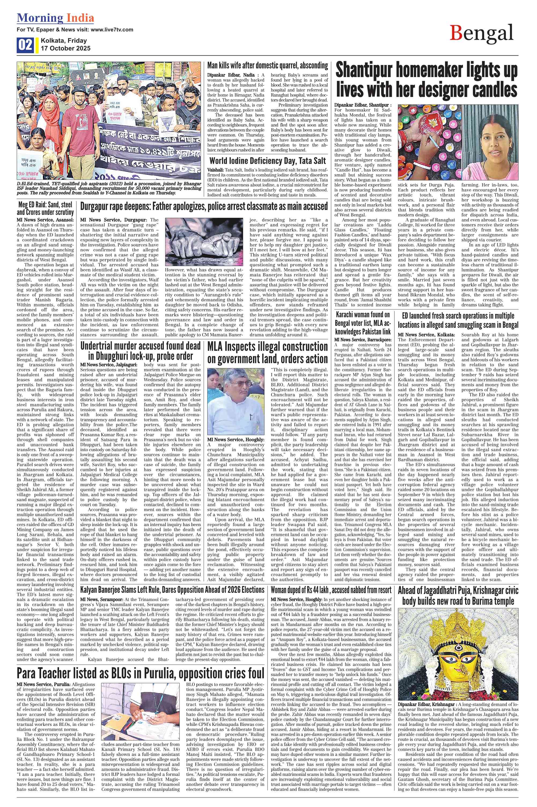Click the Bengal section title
(481, 34)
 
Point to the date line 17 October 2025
(66, 48)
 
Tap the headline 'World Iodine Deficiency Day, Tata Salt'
(267, 161)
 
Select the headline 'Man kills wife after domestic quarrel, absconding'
(267, 66)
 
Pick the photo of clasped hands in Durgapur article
(204, 242)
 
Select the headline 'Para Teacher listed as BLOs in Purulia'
(140, 673)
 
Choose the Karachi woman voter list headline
(363, 323)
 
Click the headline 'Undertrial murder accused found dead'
(140, 350)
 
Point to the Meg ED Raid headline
(46, 208)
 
